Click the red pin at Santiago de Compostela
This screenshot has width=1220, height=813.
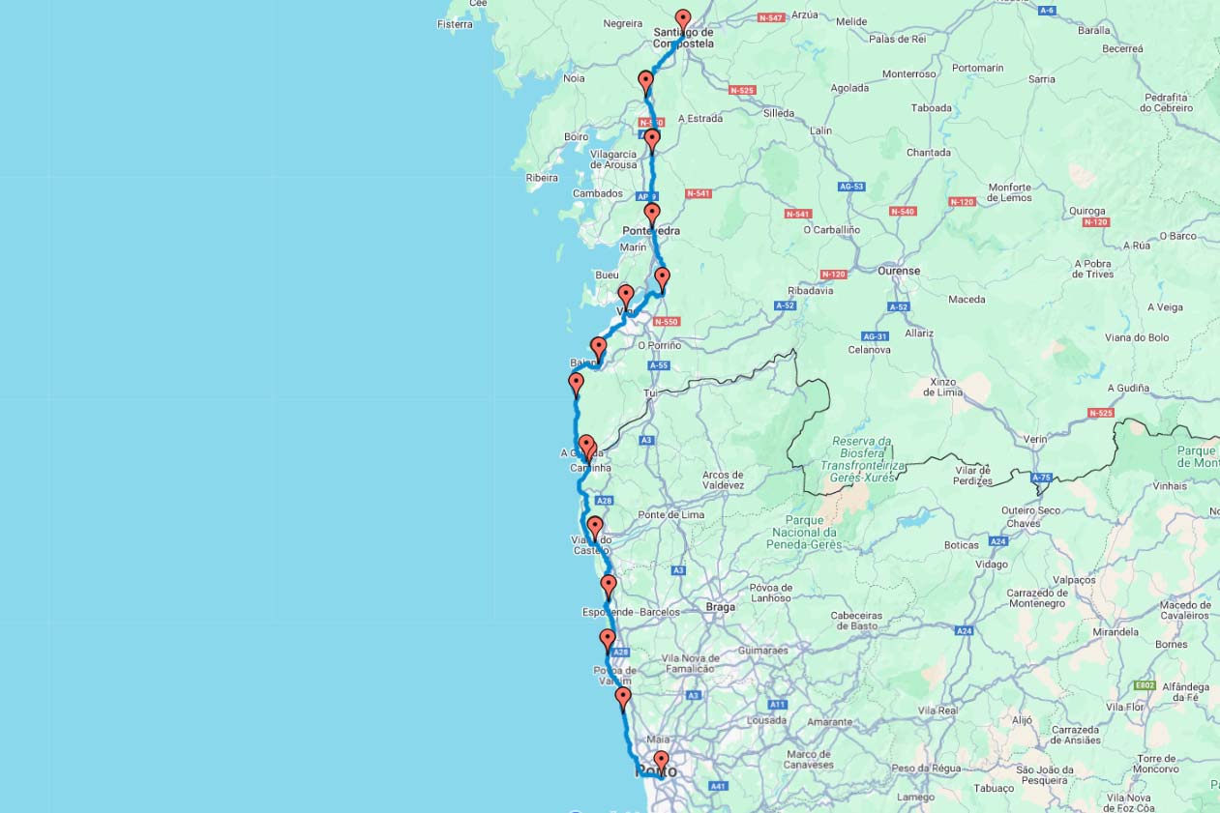point(683,18)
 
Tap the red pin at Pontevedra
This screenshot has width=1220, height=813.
point(652,213)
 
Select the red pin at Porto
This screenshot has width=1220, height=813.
point(661,760)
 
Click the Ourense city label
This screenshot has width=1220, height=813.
point(898,272)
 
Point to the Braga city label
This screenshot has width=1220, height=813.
point(721,607)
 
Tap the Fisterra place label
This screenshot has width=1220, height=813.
point(455,24)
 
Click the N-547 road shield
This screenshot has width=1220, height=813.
point(770,18)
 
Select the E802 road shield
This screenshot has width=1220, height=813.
point(1145,685)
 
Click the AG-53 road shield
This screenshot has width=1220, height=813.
point(851,187)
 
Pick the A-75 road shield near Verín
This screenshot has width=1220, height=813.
point(1041,478)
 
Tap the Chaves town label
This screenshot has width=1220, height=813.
point(1024,524)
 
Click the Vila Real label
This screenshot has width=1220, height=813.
point(937,711)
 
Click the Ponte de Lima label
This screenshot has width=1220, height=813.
point(670,515)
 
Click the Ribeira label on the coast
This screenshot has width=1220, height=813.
point(542,178)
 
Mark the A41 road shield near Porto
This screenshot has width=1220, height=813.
point(718,787)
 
